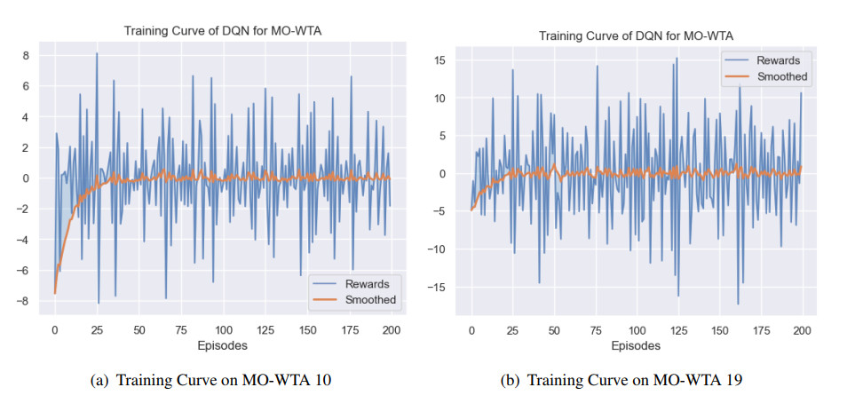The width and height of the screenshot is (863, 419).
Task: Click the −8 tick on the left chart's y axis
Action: pos(25,302)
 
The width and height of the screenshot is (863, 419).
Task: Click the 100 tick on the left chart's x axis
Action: pos(224,328)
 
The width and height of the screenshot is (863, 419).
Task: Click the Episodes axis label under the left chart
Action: pos(223,344)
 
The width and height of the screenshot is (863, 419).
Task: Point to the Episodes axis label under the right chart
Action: pos(636,345)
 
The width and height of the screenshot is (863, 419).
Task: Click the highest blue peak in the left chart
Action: pos(97,54)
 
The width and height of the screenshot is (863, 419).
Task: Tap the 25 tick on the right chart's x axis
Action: pos(512,330)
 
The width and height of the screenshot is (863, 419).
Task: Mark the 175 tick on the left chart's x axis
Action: pos(351,328)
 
